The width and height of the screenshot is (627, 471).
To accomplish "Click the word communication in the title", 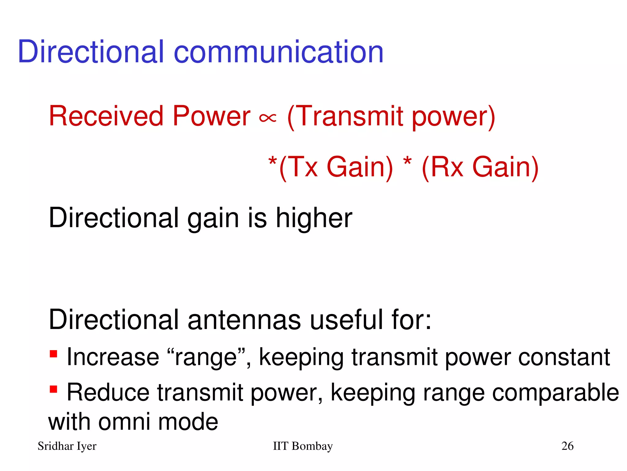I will (279, 52).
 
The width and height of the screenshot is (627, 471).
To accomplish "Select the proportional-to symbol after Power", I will (268, 118).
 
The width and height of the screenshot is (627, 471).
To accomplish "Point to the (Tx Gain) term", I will (336, 167).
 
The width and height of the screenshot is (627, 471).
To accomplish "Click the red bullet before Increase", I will (54, 354).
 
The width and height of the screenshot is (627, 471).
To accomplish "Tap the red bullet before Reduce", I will (54, 389).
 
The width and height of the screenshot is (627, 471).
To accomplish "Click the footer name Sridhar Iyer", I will (67, 446).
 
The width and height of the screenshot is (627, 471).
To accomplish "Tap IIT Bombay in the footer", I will (302, 446).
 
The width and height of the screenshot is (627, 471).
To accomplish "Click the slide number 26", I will (567, 446).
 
